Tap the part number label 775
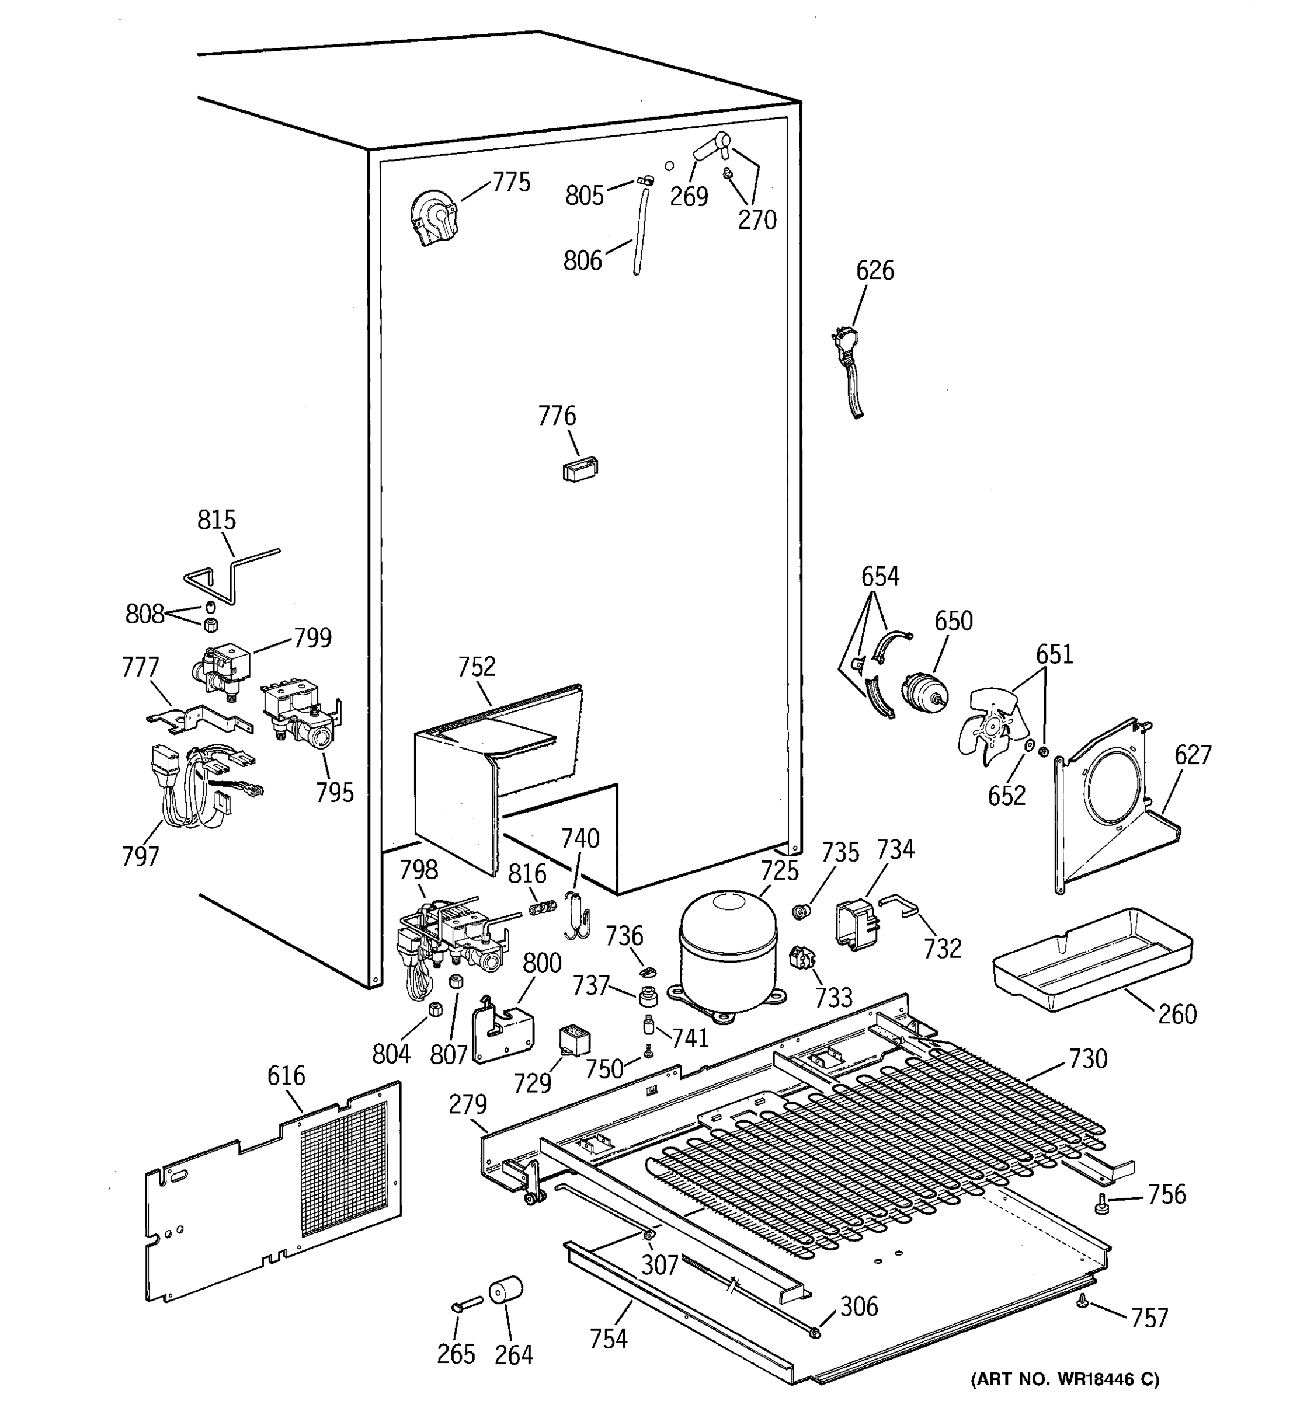pos(511,183)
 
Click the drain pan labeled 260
pos(1092,959)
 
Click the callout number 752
pos(477,667)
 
